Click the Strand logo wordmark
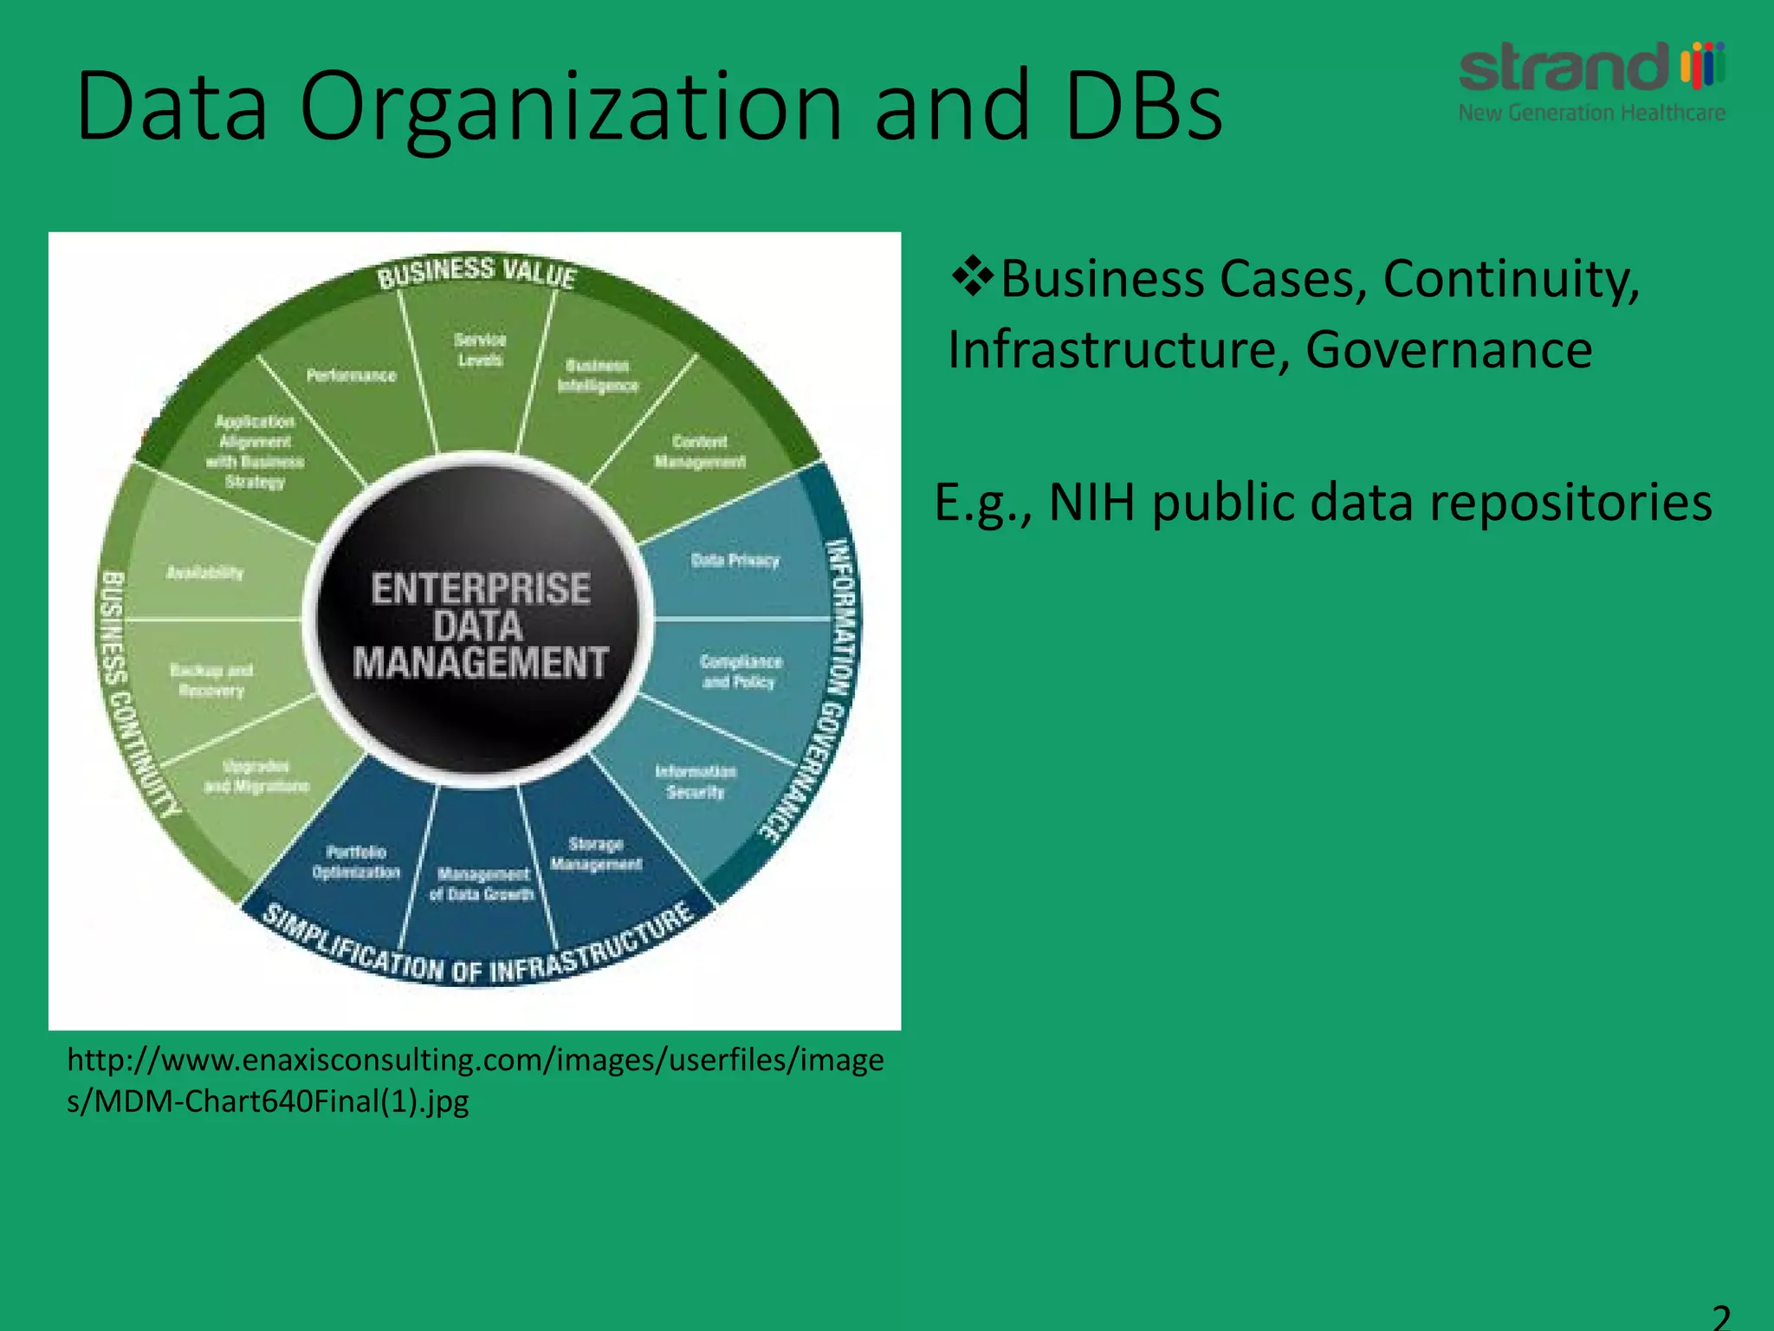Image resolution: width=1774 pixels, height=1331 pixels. click(1564, 68)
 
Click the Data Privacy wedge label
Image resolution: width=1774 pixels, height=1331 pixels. click(735, 561)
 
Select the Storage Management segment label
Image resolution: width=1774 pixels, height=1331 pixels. click(596, 854)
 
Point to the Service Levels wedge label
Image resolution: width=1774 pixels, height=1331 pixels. click(480, 349)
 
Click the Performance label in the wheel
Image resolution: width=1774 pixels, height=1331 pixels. click(351, 375)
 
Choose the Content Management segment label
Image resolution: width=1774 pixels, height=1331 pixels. click(699, 451)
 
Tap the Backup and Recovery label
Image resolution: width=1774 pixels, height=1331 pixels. click(211, 680)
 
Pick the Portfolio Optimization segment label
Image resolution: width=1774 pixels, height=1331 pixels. click(356, 862)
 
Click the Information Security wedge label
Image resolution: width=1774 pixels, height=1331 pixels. click(696, 782)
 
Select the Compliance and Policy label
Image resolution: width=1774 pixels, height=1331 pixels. click(741, 672)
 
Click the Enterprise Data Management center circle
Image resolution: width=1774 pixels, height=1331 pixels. click(479, 624)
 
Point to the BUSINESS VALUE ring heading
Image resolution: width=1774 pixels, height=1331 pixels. click(476, 272)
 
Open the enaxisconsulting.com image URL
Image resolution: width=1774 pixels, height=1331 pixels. click(475, 1080)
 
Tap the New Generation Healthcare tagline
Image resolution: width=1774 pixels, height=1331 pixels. click(1591, 113)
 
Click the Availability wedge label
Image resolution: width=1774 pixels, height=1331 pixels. click(204, 572)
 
